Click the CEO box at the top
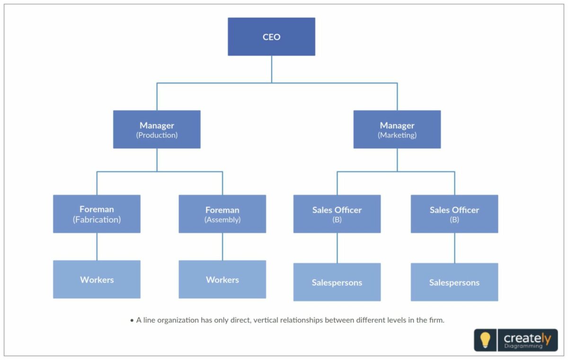tap(271, 36)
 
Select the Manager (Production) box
tap(157, 129)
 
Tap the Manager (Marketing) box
tap(397, 129)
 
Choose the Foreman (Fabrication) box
tap(97, 214)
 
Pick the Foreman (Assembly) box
tap(222, 214)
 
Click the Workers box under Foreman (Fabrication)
tap(97, 279)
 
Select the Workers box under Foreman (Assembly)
tap(222, 279)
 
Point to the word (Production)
tap(157, 135)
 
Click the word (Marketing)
tap(397, 135)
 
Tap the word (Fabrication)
tap(97, 220)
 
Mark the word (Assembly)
tap(222, 220)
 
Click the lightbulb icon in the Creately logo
tap(485, 340)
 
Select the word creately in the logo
tap(527, 338)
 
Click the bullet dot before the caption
tap(132, 321)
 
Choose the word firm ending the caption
tap(436, 320)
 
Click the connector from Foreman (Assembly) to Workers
tap(222, 246)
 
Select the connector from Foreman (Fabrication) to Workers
tap(97, 246)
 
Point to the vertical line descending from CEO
tap(272, 69)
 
